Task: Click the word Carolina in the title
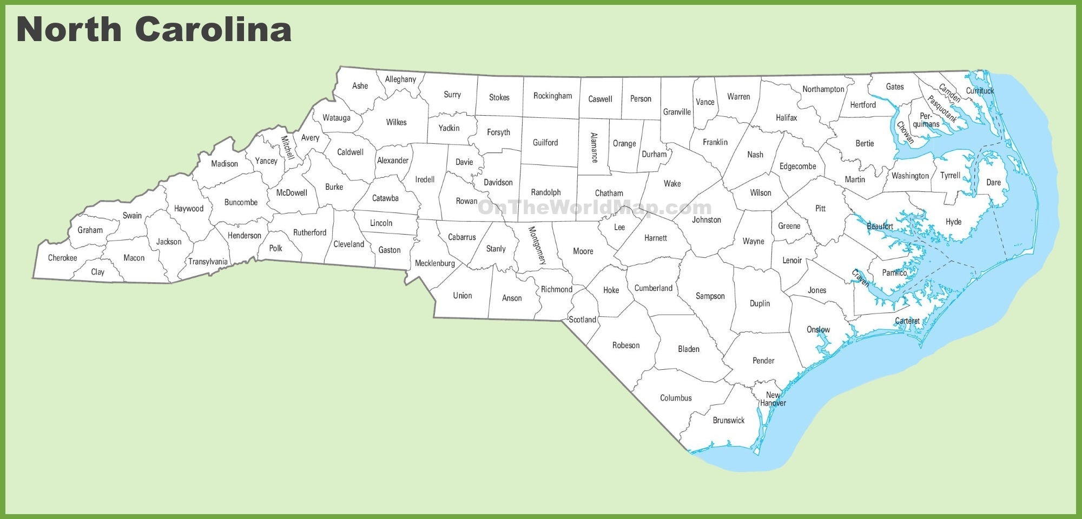(213, 29)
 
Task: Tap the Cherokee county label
(63, 258)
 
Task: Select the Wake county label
(672, 184)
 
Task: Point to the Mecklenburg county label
(435, 263)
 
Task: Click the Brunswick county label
(729, 421)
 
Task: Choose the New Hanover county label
(773, 399)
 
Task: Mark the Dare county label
(993, 183)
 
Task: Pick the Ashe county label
(360, 86)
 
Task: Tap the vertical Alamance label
(594, 148)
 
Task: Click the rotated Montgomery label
(537, 245)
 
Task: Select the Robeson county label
(626, 345)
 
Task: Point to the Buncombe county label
(241, 203)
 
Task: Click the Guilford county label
(545, 143)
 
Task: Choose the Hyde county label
(953, 222)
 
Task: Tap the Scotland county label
(582, 320)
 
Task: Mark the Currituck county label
(980, 91)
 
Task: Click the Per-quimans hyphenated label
(926, 120)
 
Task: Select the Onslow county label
(818, 330)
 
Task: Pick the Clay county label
(98, 272)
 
